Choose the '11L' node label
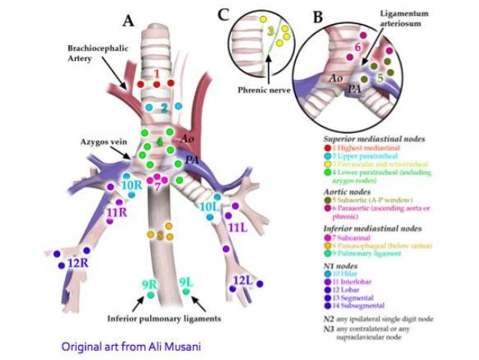point(237,226)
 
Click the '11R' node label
point(116,213)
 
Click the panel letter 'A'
point(128,21)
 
